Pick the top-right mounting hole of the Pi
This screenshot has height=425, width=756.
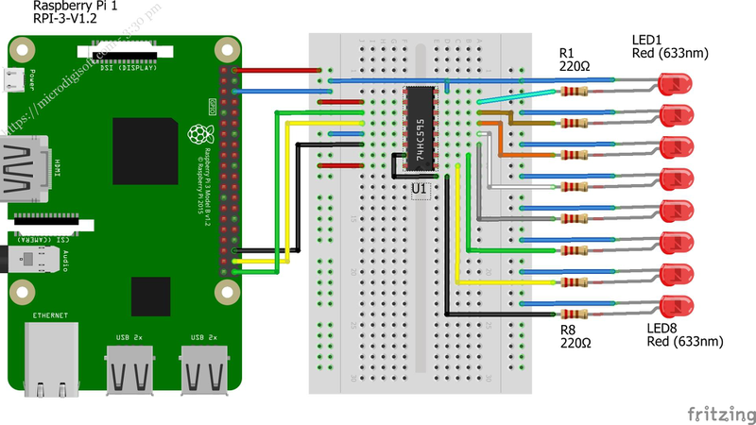point(225,48)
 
